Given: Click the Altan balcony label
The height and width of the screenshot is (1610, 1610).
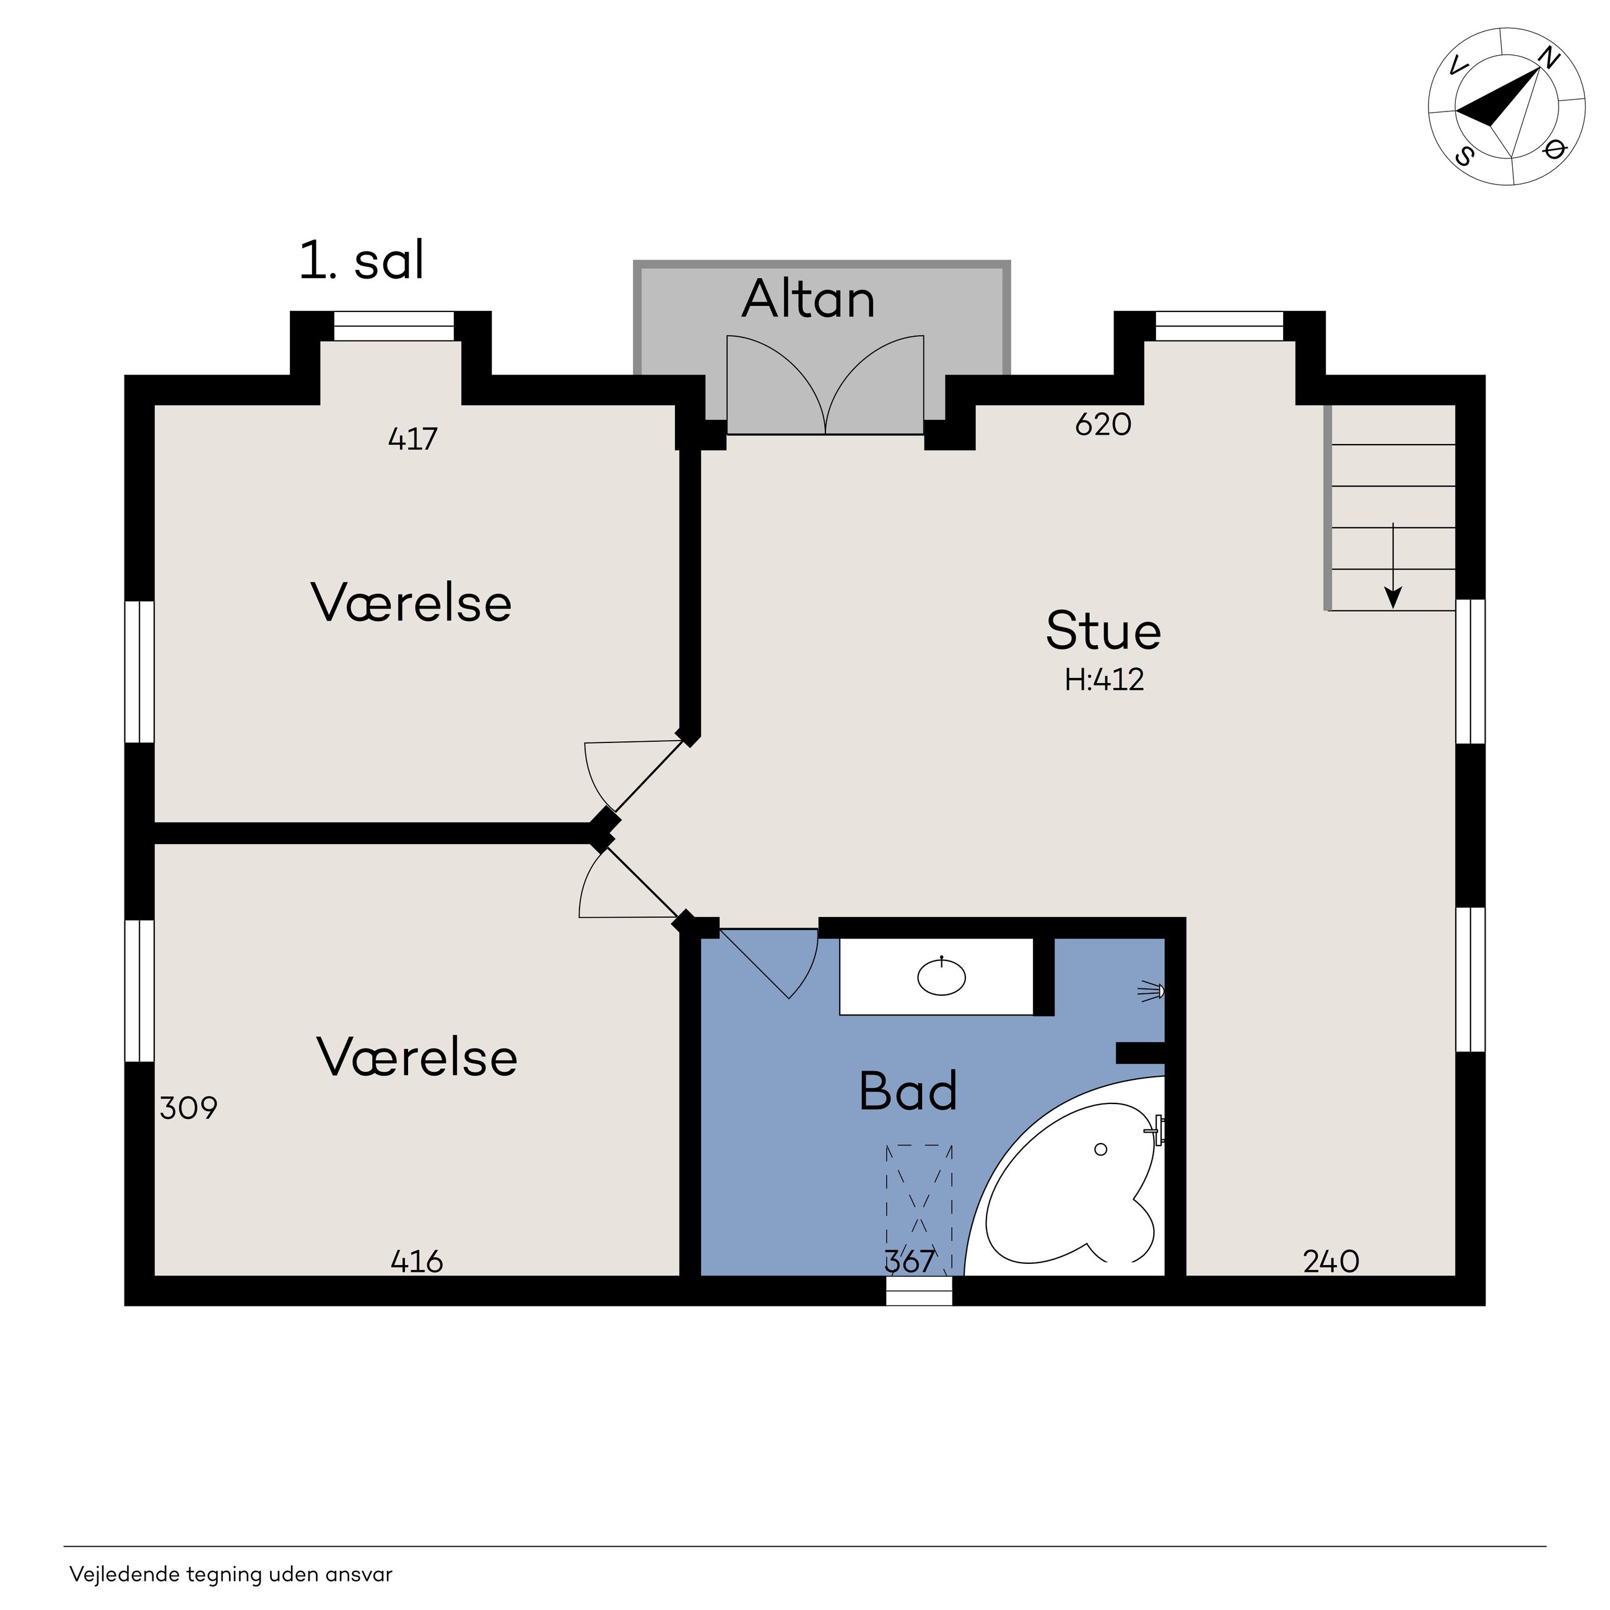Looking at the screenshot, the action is pos(808,299).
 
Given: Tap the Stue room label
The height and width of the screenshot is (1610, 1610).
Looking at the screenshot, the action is pos(1103,631).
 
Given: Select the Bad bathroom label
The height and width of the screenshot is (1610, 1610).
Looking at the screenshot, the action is pos(908,1091).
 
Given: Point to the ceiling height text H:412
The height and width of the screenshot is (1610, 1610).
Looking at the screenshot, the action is pos(1104,680).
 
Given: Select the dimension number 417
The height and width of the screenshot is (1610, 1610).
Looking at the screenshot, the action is pos(412,438).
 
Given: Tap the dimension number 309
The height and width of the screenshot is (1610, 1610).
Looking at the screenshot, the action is pos(188,1108).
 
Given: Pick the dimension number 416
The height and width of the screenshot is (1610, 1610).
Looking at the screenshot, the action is pos(417,1261).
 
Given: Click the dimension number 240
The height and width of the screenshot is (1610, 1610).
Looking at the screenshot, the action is pos(1331,1261).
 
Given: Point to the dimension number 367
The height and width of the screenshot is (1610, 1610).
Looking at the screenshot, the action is pos(910,1261).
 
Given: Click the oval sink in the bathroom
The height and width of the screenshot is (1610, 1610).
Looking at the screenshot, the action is pos(942,976).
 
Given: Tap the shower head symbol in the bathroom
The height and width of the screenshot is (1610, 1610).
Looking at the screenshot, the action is pos(1152,991).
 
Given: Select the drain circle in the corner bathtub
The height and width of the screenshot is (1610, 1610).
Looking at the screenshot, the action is pos(1100,1149).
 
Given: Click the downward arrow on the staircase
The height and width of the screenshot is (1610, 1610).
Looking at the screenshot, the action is pos(1393,566).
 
